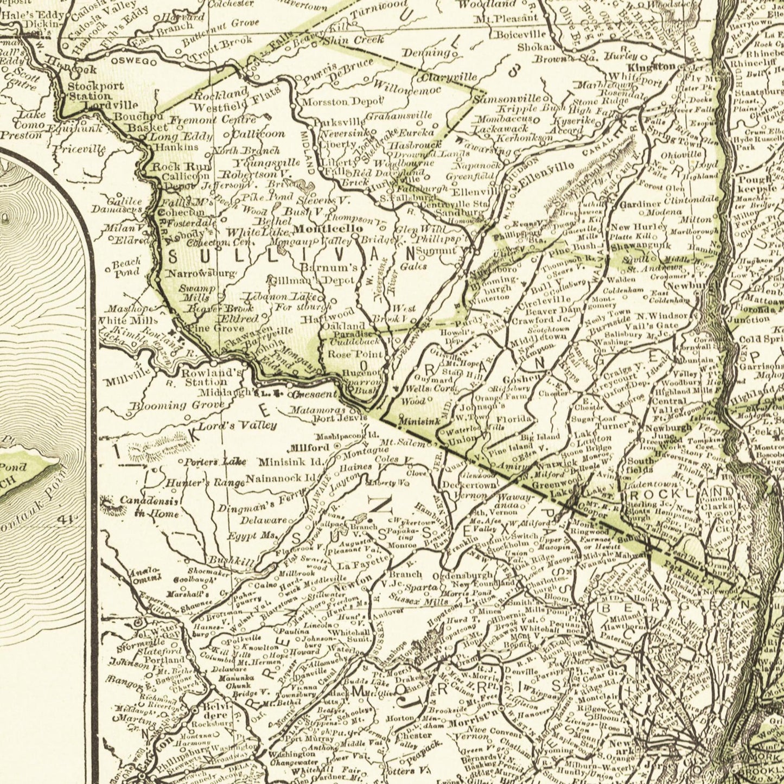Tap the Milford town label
pos(310,448)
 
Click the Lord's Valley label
pos(237,425)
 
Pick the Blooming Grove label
pos(177,405)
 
